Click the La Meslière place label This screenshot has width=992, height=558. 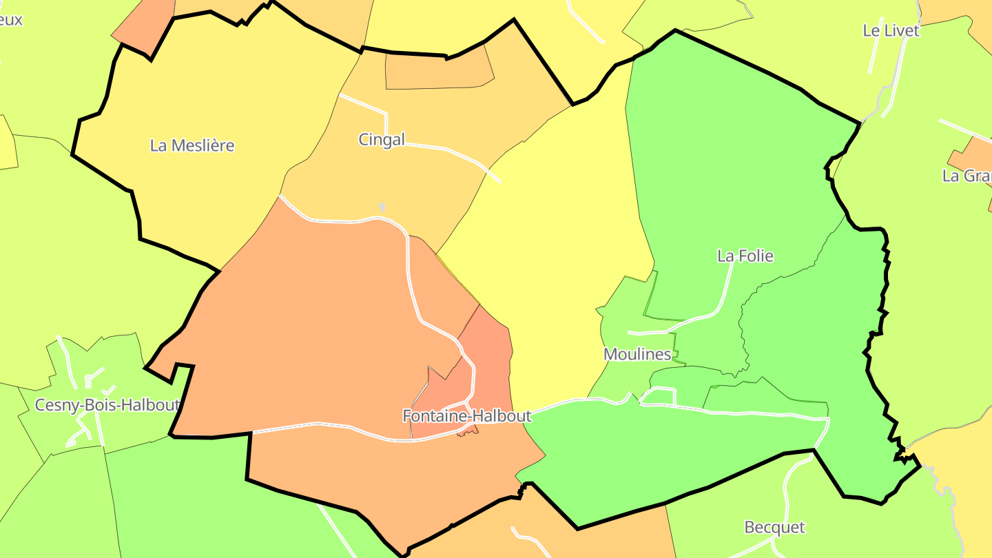(192, 145)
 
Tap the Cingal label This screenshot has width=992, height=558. (382, 139)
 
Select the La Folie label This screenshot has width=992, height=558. (745, 256)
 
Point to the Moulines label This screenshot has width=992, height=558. (637, 354)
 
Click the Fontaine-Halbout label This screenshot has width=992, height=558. (467, 416)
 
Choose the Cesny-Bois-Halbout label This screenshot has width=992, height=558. (107, 405)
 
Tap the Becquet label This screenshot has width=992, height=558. (774, 527)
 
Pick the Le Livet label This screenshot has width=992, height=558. (891, 30)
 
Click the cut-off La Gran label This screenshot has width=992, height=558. (967, 176)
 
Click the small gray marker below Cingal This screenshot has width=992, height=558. (382, 207)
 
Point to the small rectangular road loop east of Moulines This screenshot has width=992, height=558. (658, 396)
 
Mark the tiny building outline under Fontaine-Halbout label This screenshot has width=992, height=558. (468, 431)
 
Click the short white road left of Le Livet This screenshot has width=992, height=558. (874, 55)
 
